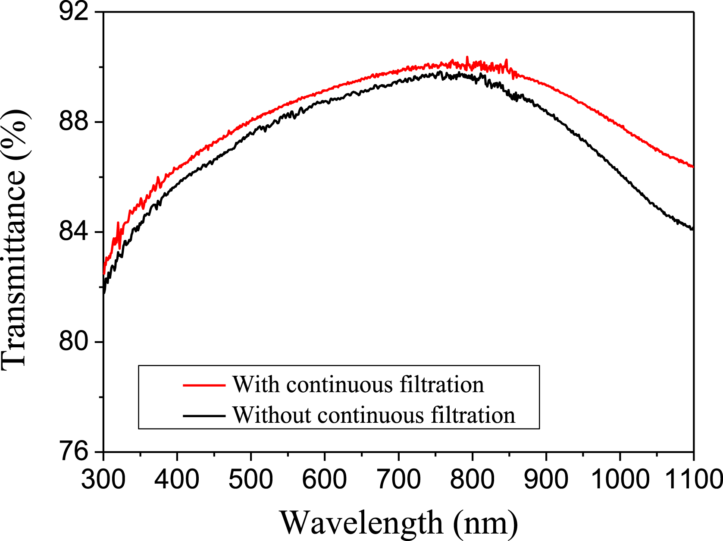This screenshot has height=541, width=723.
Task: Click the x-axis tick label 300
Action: pos(103,479)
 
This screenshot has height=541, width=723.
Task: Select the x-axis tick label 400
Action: pos(177,479)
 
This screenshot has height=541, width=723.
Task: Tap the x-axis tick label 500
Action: pos(251,479)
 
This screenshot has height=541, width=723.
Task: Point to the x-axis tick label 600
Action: pos(325,479)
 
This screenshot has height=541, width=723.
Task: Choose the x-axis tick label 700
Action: pos(398,479)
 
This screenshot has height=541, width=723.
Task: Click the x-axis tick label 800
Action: pos(472,479)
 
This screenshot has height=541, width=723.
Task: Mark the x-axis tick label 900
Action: pos(546,479)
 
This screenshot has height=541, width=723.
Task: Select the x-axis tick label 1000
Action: pos(620,479)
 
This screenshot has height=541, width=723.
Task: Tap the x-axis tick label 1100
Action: pos(693,479)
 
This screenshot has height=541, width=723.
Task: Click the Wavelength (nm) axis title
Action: pos(399,523)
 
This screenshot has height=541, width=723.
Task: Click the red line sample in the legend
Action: pos(204,384)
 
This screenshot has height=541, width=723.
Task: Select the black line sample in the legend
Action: pos(204,416)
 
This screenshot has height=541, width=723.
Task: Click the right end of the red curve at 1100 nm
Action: pos(692,167)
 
